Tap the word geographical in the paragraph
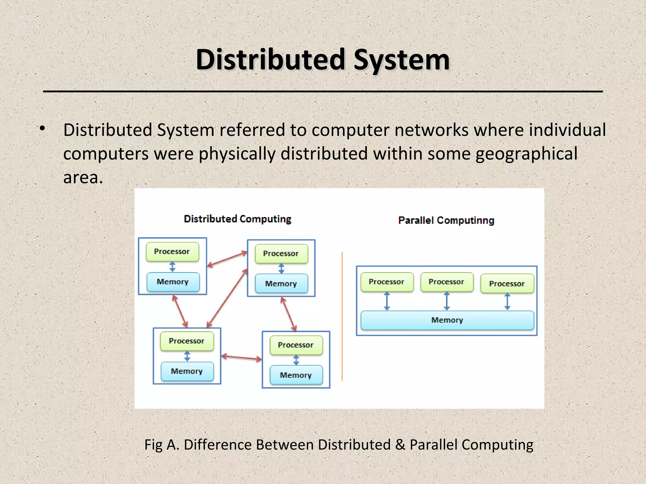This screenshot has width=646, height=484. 526,154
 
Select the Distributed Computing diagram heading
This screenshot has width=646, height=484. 237,219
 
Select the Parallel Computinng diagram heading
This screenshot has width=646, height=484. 446,220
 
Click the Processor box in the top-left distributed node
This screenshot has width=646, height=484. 172,251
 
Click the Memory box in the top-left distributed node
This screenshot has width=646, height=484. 173,282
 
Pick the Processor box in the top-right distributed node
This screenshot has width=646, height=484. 281,254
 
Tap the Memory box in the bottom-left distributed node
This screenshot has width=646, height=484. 187,371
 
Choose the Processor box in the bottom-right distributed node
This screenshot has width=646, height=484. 296,345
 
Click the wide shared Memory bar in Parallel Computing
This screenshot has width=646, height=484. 447,320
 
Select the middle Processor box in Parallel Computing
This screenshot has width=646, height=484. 446,282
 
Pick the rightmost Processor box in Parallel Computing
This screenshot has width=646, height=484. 507,284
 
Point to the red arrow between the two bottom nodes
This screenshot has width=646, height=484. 241,358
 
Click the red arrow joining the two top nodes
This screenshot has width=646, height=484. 227,259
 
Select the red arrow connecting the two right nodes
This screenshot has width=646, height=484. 288,314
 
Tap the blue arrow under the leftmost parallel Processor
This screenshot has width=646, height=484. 387,301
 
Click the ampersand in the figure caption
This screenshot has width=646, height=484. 400,445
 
